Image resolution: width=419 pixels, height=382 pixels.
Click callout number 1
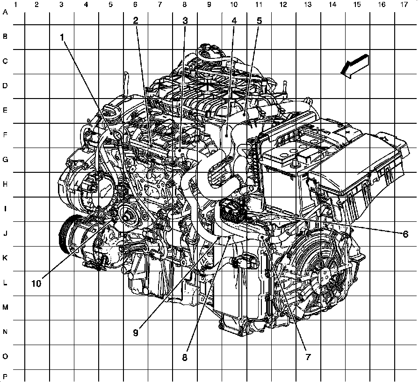click(62, 37)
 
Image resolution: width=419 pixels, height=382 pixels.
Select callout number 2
click(136, 21)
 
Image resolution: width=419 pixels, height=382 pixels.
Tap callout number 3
click(185, 21)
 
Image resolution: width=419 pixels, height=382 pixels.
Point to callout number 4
click(234, 21)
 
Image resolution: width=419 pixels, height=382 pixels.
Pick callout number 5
click(259, 21)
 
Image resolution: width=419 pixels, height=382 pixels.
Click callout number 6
click(405, 234)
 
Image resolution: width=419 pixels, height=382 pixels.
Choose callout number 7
click(308, 357)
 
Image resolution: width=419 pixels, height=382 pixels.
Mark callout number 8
click(185, 357)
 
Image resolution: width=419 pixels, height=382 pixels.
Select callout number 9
click(136, 332)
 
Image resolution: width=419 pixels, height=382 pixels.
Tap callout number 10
click(36, 283)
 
